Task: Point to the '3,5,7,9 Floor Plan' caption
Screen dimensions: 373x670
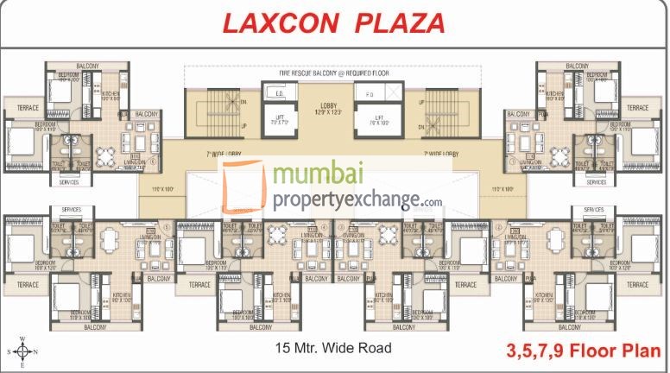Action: (x=584, y=351)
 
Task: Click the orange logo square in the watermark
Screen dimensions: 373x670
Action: (x=244, y=190)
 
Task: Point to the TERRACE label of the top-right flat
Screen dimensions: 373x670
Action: (x=637, y=108)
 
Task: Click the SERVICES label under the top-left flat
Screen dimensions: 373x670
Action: (x=69, y=183)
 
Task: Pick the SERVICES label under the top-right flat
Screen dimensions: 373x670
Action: (x=596, y=183)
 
